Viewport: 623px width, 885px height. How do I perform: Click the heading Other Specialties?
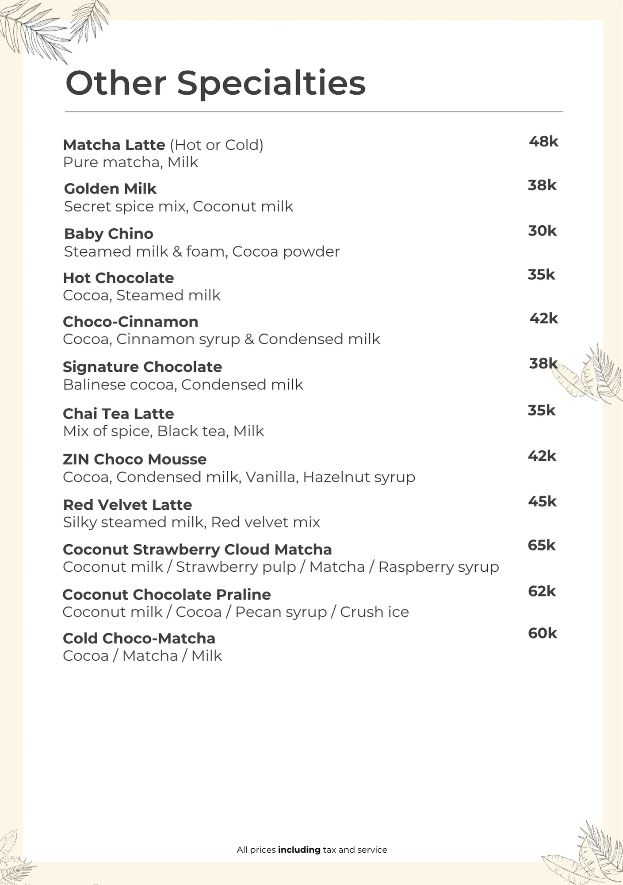pyautogui.click(x=215, y=83)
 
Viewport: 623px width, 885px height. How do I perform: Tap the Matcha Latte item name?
pyautogui.click(x=114, y=145)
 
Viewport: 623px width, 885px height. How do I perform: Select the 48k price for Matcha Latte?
pyautogui.click(x=543, y=142)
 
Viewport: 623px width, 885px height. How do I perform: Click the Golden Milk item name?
pyautogui.click(x=110, y=189)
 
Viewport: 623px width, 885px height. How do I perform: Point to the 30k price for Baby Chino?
pyautogui.click(x=542, y=231)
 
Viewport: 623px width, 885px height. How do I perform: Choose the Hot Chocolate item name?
pyautogui.click(x=118, y=278)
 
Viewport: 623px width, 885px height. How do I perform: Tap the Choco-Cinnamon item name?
pyautogui.click(x=130, y=322)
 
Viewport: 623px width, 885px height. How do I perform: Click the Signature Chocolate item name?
pyautogui.click(x=142, y=367)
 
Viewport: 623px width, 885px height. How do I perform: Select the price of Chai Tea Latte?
pyautogui.click(x=541, y=410)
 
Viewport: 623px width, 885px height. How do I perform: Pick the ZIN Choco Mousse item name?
pyautogui.click(x=134, y=459)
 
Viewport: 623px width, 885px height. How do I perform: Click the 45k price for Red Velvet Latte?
pyautogui.click(x=542, y=501)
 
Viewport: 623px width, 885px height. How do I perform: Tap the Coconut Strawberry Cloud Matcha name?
pyautogui.click(x=197, y=550)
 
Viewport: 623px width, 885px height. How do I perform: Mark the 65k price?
pyautogui.click(x=541, y=545)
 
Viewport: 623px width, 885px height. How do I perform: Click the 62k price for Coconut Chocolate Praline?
pyautogui.click(x=542, y=591)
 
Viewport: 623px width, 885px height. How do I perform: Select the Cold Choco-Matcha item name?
pyautogui.click(x=139, y=639)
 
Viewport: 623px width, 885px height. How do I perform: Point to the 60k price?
pyautogui.click(x=542, y=633)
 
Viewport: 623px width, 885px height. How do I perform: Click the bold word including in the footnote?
pyautogui.click(x=299, y=850)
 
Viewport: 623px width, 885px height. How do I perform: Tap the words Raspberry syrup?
pyautogui.click(x=438, y=567)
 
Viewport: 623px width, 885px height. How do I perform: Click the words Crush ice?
pyautogui.click(x=374, y=612)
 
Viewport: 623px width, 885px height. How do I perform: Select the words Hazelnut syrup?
pyautogui.click(x=359, y=477)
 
